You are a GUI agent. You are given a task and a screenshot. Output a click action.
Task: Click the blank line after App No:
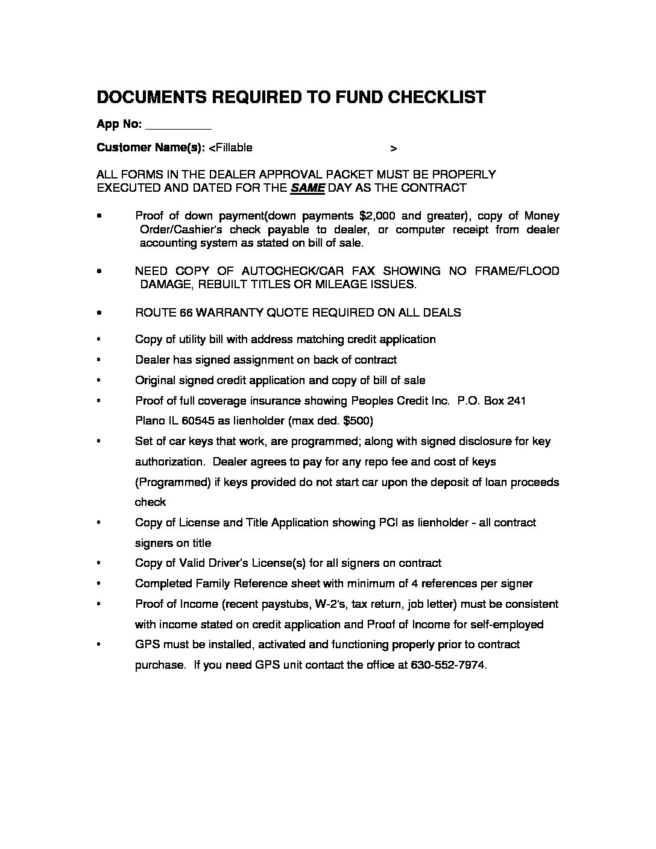[178, 125]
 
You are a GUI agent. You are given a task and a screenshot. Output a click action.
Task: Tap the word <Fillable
[230, 148]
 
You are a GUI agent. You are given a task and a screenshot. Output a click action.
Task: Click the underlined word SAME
[307, 188]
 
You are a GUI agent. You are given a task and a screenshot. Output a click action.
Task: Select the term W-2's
[326, 604]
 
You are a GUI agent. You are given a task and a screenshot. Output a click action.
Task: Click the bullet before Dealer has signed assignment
[98, 360]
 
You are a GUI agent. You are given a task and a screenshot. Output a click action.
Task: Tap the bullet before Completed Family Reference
[98, 584]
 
